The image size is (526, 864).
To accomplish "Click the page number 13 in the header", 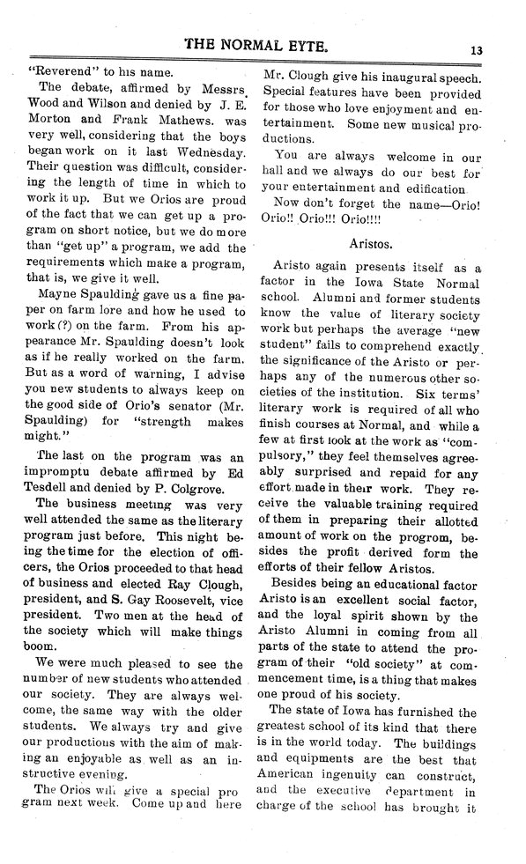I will coord(477,50).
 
